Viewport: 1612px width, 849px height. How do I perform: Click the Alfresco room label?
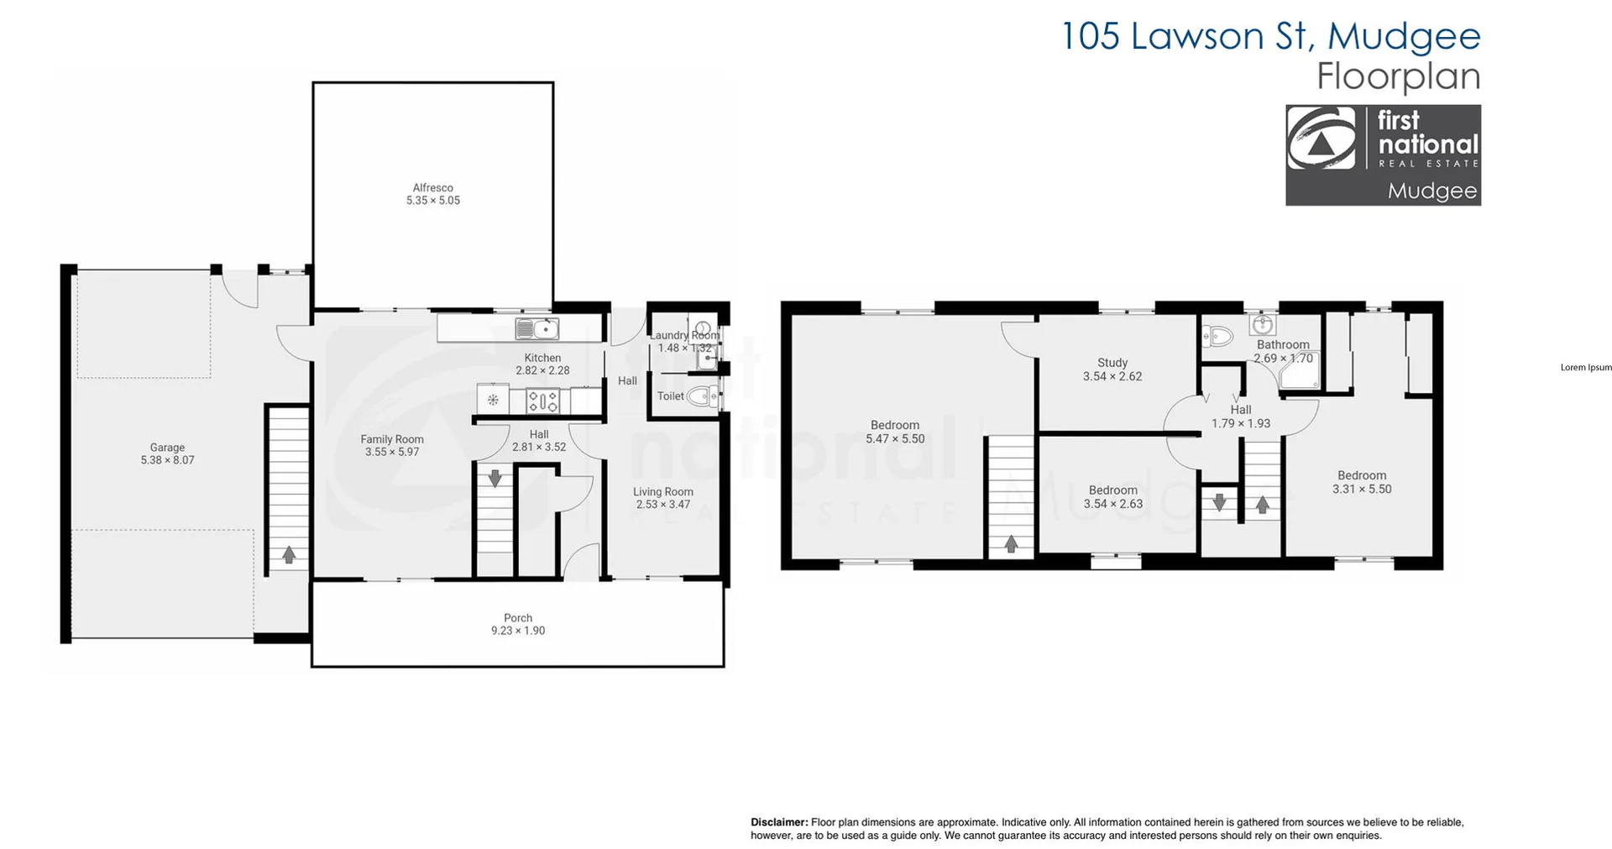coord(432,188)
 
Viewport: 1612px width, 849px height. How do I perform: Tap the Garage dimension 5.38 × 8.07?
coord(167,460)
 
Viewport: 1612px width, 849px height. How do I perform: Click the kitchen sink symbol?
coord(536,328)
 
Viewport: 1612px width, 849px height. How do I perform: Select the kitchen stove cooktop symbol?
coord(542,401)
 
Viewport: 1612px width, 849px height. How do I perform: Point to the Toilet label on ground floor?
coord(670,396)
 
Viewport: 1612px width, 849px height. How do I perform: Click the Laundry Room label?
coord(684,335)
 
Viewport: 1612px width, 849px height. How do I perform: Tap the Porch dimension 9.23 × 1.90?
coord(518,631)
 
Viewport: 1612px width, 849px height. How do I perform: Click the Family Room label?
coord(392,439)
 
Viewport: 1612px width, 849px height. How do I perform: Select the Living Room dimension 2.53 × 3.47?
coord(662,505)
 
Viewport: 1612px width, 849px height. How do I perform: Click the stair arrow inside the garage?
coord(289,554)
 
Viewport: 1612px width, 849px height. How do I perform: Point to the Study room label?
coord(1112,363)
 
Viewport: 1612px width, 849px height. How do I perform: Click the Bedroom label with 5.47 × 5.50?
coord(895,425)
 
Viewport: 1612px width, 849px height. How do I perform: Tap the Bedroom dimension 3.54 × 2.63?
coord(1113,504)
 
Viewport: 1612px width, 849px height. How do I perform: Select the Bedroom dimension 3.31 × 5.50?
coord(1362,489)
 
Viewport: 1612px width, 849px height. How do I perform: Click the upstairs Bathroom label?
coord(1283,344)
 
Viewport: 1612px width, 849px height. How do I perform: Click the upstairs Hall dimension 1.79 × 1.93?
coord(1240,423)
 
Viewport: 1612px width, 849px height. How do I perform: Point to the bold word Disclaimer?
coord(779,822)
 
